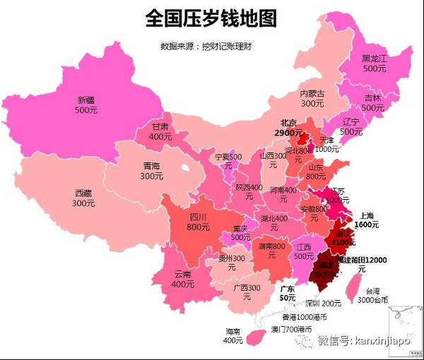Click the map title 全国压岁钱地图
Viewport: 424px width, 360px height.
(x=211, y=18)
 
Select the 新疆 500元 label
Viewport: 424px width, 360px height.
(x=87, y=105)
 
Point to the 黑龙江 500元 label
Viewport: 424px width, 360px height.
(x=375, y=64)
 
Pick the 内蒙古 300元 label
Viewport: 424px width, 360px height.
(x=312, y=98)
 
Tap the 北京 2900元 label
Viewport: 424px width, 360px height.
(x=289, y=127)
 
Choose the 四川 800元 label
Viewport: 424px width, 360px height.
(x=197, y=222)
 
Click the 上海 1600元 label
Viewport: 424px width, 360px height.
(x=367, y=220)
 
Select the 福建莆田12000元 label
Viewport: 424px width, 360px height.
(x=361, y=264)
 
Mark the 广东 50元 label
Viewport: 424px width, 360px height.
(x=288, y=294)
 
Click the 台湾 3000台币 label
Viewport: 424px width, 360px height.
(x=371, y=295)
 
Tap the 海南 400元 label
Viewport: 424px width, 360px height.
(x=233, y=336)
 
